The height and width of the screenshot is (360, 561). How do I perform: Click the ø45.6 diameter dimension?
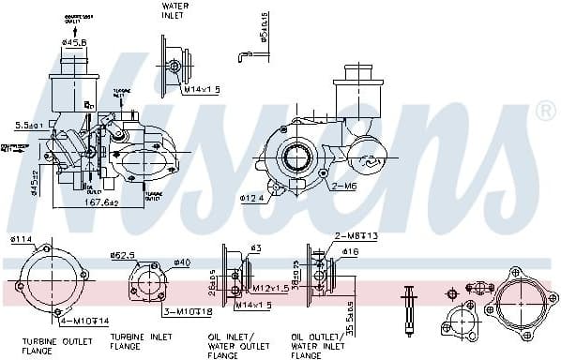75,42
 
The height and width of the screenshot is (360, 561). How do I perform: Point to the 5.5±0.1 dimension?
30,125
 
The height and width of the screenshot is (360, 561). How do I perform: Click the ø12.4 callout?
252,198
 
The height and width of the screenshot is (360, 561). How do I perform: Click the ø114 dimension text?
21,239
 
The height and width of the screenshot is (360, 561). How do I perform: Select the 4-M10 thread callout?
58,322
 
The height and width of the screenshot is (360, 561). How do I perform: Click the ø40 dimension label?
181,262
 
